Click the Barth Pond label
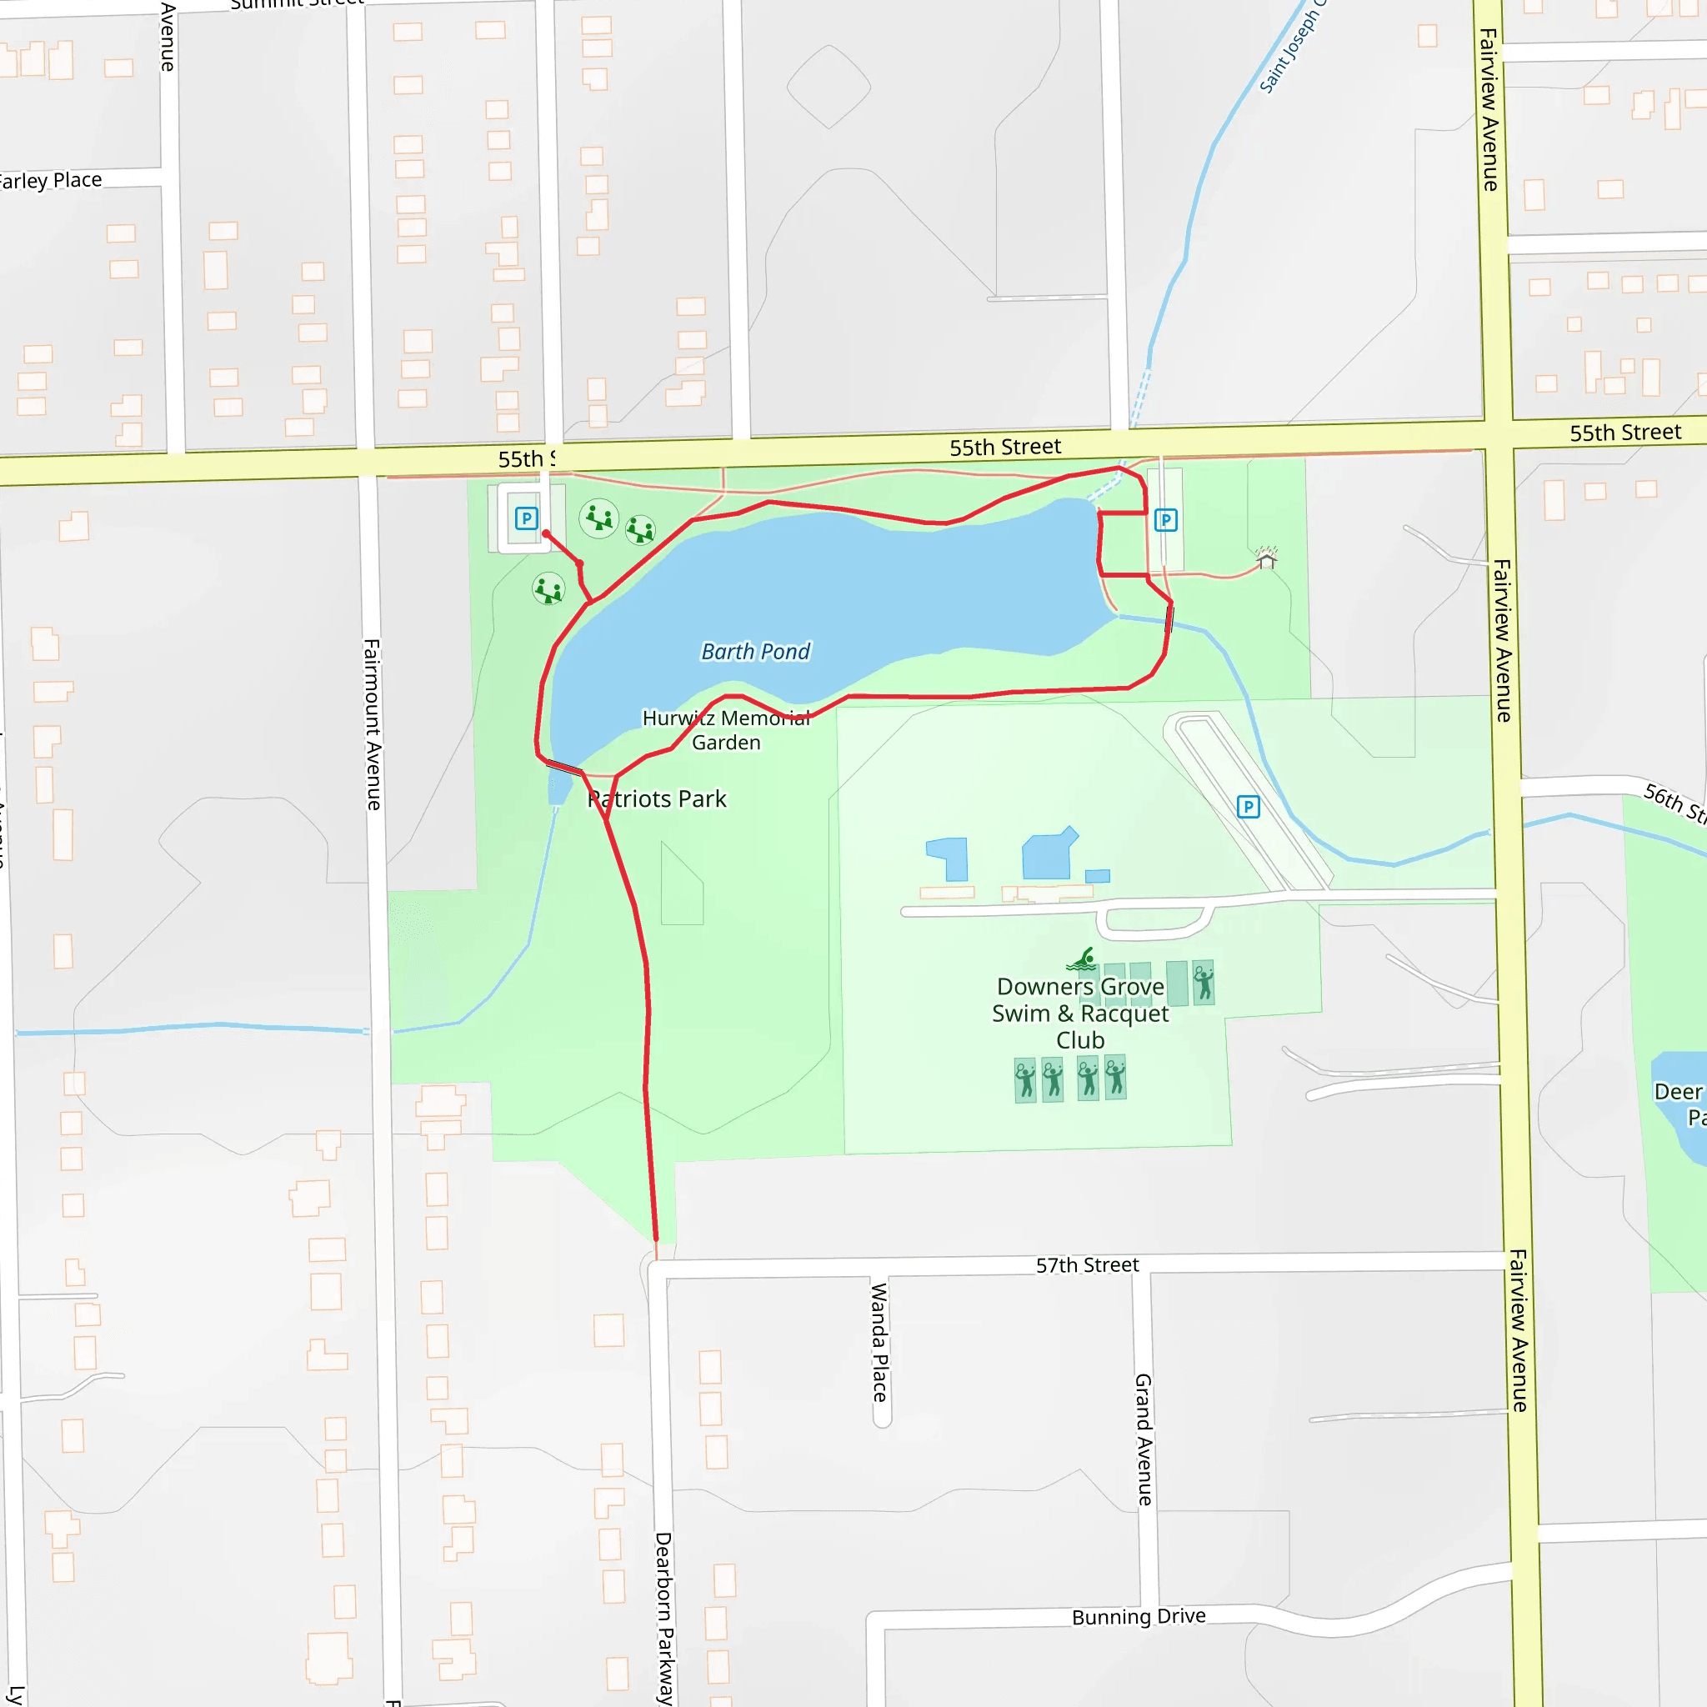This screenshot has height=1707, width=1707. click(755, 652)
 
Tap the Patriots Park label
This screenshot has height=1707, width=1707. click(658, 798)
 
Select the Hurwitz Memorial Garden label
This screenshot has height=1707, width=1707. click(726, 730)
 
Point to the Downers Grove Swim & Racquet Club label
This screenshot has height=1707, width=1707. click(1079, 1013)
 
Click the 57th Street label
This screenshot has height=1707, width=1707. click(1087, 1265)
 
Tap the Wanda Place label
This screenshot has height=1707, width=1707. click(879, 1342)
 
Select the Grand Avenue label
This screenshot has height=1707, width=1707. click(1144, 1439)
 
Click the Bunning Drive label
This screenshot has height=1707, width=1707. click(1138, 1616)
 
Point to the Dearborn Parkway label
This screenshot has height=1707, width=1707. click(663, 1618)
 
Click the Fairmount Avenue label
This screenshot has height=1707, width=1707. click(373, 724)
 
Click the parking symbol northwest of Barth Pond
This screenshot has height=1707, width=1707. click(527, 518)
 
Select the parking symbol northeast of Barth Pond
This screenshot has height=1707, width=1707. click(1165, 520)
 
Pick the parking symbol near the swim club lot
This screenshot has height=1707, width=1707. click(1248, 807)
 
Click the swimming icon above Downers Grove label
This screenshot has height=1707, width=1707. click(1081, 959)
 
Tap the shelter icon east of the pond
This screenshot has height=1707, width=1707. click(1266, 558)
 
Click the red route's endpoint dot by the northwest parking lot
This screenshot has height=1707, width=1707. click(546, 533)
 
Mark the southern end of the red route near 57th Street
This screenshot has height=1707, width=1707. click(656, 1239)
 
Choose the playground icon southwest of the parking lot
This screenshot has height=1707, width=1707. click(548, 589)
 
